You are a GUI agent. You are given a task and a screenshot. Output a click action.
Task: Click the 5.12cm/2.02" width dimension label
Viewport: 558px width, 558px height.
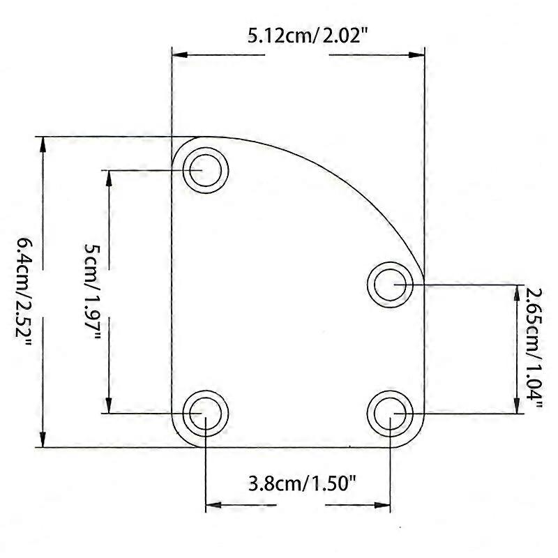click(298, 36)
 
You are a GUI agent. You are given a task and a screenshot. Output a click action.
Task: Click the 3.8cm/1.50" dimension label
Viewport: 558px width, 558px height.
click(298, 483)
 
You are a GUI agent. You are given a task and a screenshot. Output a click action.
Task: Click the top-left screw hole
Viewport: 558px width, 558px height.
click(205, 169)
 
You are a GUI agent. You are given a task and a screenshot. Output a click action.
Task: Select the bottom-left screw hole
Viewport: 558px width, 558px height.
click(205, 413)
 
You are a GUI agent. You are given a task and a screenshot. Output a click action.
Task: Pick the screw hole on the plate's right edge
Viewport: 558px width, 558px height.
click(391, 285)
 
